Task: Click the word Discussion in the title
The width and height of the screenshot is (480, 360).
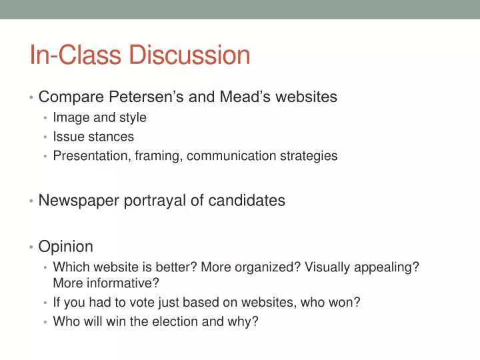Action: [189, 55]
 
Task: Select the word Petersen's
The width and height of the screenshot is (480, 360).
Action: [145, 97]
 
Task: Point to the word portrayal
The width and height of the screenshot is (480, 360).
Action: [157, 200]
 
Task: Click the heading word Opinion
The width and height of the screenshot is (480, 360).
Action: [66, 247]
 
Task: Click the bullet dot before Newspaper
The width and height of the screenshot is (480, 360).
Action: [32, 201]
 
